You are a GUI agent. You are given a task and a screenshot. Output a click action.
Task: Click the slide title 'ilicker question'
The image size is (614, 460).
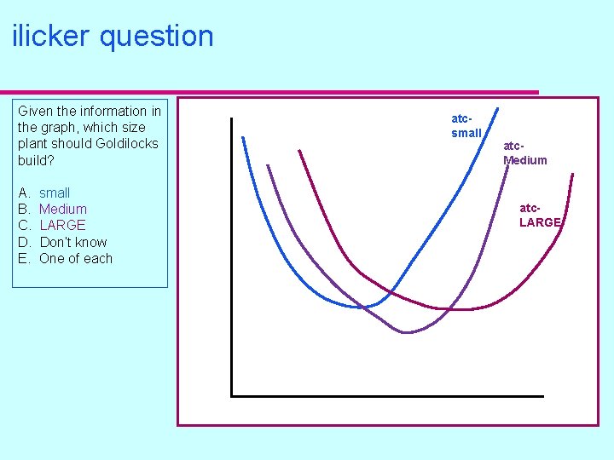click(113, 37)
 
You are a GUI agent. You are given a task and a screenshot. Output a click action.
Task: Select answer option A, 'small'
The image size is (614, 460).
click(55, 193)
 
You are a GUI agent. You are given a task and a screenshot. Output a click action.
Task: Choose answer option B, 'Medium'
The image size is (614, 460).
click(63, 209)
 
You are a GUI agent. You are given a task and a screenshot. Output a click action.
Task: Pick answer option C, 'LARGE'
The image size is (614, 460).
click(62, 225)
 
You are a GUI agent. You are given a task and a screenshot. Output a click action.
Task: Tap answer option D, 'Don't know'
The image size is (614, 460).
click(73, 242)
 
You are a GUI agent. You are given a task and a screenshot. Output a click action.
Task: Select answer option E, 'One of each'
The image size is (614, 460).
click(76, 258)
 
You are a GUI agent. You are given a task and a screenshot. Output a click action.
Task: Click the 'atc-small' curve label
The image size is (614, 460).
click(466, 125)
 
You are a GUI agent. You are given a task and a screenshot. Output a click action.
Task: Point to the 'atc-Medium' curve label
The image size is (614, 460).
click(524, 152)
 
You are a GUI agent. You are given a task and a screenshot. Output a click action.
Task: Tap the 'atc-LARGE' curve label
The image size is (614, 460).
click(540, 215)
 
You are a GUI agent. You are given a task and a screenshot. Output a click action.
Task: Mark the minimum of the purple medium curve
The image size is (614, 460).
click(407, 332)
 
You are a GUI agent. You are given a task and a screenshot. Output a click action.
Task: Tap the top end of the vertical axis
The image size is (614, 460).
click(231, 118)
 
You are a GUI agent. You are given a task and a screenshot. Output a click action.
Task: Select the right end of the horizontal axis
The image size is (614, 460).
click(542, 396)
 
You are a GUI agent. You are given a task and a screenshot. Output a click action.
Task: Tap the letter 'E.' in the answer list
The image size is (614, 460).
click(23, 258)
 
